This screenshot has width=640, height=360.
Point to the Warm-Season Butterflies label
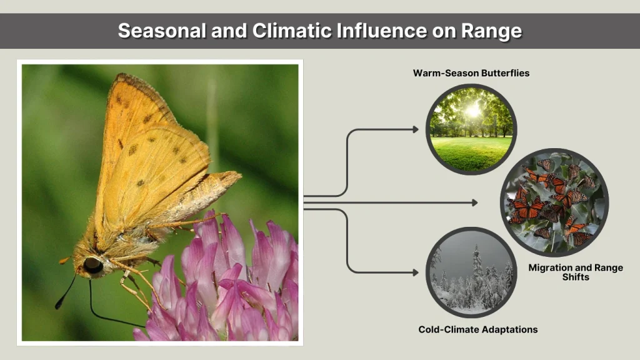pyautogui.click(x=471, y=73)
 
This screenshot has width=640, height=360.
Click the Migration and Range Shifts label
pyautogui.click(x=576, y=272)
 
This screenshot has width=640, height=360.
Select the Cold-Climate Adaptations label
pyautogui.click(x=478, y=329)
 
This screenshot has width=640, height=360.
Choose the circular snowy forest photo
pyautogui.click(x=471, y=272)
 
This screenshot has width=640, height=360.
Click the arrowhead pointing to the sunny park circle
pyautogui.click(x=415, y=129)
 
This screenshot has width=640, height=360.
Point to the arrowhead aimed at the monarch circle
pyautogui.click(x=474, y=202)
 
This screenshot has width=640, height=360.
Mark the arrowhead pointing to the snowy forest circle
pyautogui.click(x=415, y=272)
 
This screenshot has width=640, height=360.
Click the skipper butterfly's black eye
pyautogui.click(x=93, y=265)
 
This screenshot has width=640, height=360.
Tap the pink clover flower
pyautogui.click(x=231, y=281)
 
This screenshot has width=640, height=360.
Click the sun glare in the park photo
pyautogui.click(x=474, y=110)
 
